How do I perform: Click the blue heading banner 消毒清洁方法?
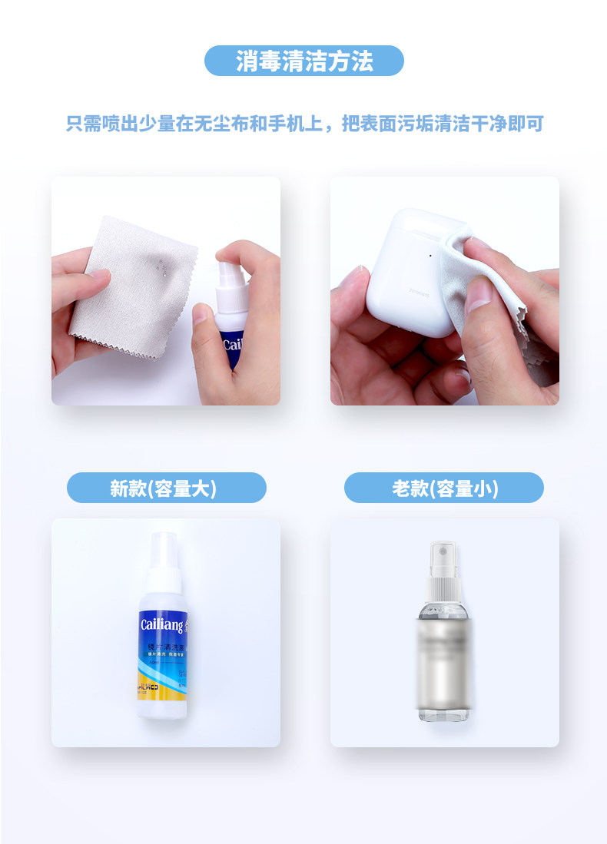click(303, 61)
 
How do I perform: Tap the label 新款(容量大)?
click(166, 488)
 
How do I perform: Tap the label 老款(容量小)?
click(444, 488)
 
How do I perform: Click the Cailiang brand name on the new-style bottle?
click(161, 624)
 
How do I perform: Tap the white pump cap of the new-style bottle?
click(163, 561)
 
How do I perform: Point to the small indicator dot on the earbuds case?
click(431, 255)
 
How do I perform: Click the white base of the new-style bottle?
click(162, 707)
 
